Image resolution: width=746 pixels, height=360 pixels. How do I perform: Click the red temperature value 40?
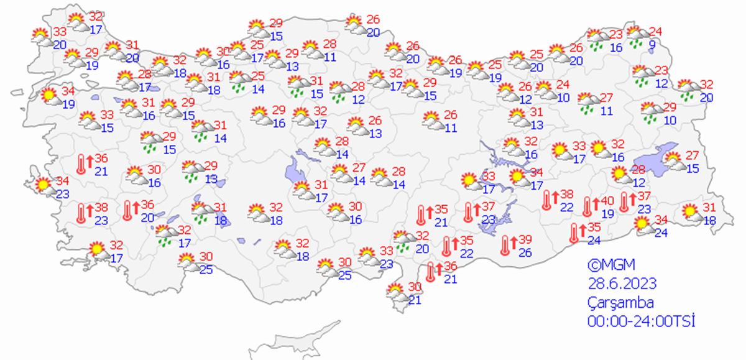pyautogui.click(x=607, y=200)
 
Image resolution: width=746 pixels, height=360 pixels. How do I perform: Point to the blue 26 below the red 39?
pyautogui.click(x=525, y=252)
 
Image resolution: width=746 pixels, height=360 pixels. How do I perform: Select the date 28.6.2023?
pyautogui.click(x=622, y=284)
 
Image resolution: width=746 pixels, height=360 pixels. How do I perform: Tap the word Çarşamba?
pyautogui.click(x=620, y=303)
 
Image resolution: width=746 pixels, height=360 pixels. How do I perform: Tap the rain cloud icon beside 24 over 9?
pyautogui.click(x=636, y=35)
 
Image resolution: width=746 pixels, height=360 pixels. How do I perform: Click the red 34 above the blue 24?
pyautogui.click(x=661, y=219)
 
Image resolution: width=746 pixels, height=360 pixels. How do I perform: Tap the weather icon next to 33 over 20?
pyautogui.click(x=42, y=37)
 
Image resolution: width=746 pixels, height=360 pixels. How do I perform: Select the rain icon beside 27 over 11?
pyautogui.click(x=587, y=103)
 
